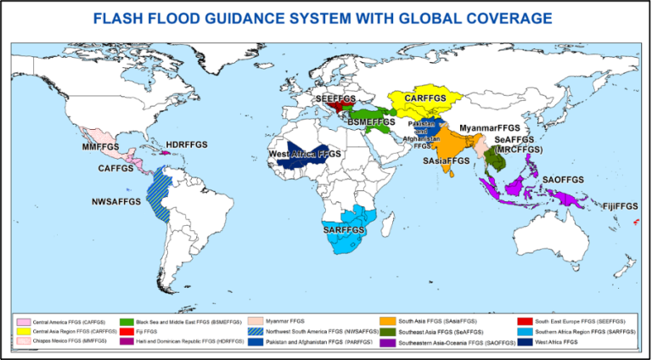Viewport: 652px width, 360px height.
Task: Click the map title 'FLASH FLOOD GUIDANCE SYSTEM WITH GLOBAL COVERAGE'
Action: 325,18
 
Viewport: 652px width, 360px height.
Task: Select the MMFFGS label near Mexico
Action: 101,148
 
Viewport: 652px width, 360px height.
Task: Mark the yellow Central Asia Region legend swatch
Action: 24,332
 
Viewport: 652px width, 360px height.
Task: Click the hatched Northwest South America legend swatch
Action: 253,332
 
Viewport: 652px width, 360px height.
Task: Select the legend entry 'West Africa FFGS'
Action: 555,342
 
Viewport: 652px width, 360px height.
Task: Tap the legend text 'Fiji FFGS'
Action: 151,332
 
